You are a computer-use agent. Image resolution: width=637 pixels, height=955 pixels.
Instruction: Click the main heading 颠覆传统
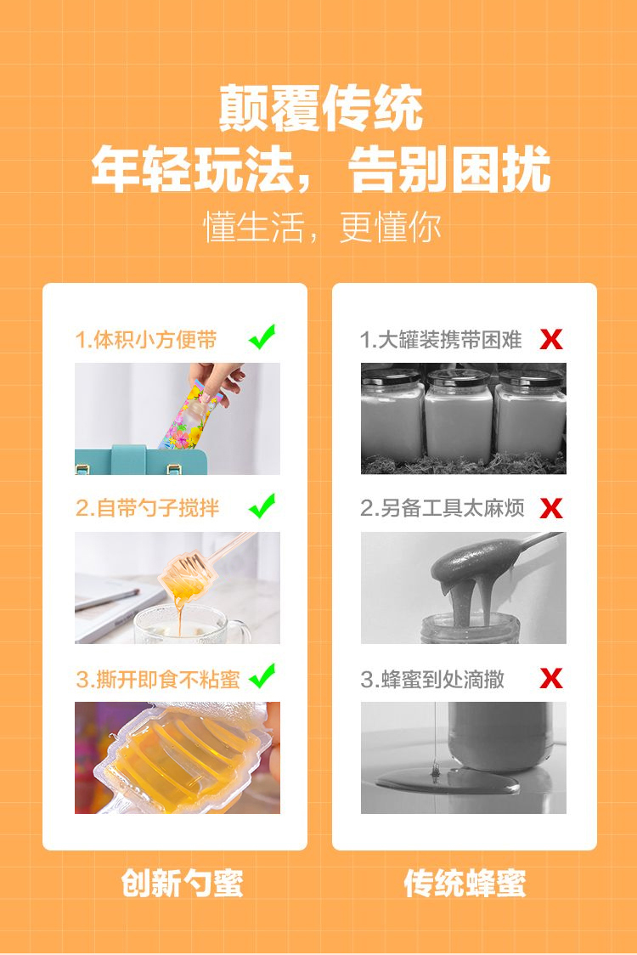pos(320,109)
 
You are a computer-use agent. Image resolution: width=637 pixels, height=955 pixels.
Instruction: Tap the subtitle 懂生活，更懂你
pos(322,227)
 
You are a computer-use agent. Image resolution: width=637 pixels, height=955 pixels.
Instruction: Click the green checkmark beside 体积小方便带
pos(262,336)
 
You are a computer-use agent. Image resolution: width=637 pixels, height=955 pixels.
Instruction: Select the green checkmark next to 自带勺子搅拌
pos(262,506)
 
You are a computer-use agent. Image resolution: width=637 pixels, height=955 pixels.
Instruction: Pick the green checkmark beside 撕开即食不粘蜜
pos(262,675)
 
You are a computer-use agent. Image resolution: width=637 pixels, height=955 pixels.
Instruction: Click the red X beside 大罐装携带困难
pos(551,339)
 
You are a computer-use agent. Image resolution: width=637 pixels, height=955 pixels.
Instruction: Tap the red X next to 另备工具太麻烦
pos(551,508)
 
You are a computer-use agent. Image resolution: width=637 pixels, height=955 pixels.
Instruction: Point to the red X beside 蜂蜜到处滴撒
pos(551,678)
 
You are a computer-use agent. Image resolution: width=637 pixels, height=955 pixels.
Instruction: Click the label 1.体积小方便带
pos(146,339)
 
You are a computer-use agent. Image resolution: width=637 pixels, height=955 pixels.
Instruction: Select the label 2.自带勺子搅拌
pos(148,508)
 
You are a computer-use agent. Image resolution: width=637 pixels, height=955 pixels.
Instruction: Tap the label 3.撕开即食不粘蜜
pos(158,679)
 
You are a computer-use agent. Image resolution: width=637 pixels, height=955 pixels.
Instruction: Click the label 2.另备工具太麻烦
pos(443,508)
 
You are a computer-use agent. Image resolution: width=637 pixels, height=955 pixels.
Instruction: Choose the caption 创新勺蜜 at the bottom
pos(182,883)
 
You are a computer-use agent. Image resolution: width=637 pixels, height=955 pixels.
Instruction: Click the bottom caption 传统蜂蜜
pos(465,883)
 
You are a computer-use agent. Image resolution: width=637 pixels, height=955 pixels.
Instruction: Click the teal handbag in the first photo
pos(141,460)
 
